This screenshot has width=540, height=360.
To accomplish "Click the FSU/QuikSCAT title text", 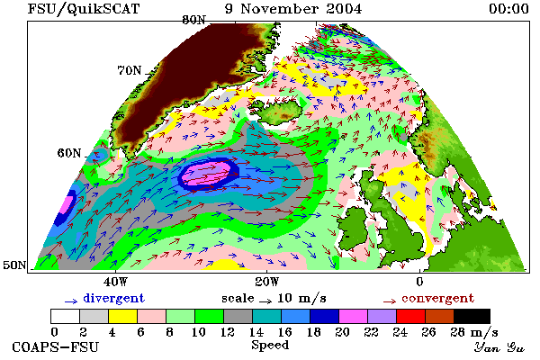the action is point(84,9).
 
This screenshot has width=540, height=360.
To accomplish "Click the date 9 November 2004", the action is point(293,9).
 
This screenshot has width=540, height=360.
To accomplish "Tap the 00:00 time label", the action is point(508,9).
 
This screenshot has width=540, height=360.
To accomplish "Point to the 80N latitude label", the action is point(193,20).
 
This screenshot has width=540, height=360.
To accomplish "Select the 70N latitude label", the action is point(130,70).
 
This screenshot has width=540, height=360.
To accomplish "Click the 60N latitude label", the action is point(69,153).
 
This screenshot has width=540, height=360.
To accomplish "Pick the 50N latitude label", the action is point(14,265).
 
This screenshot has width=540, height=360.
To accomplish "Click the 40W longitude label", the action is point(115,282).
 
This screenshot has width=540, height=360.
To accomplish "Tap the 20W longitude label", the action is point(267,282).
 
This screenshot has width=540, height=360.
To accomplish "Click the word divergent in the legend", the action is point(113,298).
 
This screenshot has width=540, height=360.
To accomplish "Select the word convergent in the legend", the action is point(437,298).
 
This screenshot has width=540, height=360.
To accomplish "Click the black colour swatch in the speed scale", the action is point(472,316).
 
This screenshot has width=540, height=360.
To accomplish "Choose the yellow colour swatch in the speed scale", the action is point(122,316).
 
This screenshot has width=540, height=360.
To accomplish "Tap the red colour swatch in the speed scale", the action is point(411,316).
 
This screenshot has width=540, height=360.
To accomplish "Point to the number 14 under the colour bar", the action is point(256,332).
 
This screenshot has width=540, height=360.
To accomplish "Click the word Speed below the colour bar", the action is point(270,345).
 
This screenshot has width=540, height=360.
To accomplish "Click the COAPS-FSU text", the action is point(55,346).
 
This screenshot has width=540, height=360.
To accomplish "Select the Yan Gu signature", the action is point(499,347).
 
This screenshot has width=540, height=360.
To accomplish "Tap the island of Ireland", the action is point(352,226).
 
